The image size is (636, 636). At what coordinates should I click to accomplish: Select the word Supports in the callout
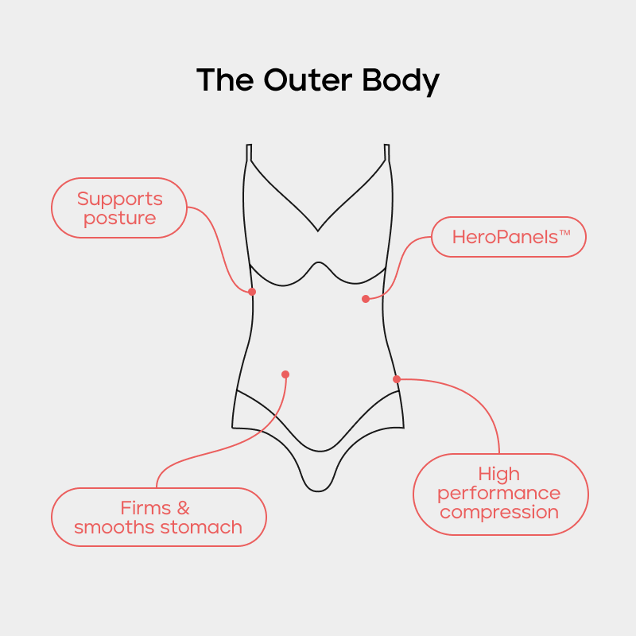click(x=119, y=199)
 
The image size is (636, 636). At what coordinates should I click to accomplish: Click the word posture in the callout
click(x=119, y=218)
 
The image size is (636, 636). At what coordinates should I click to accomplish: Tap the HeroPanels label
click(x=505, y=237)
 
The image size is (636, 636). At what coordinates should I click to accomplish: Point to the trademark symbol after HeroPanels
click(x=565, y=232)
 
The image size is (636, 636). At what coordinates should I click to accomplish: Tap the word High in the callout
click(x=499, y=475)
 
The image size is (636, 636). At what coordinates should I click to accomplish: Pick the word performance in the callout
click(x=499, y=494)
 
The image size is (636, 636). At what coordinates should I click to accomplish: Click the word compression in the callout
click(x=499, y=513)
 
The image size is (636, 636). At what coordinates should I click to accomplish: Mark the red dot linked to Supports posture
click(x=252, y=292)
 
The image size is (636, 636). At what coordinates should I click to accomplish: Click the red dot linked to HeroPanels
click(x=366, y=299)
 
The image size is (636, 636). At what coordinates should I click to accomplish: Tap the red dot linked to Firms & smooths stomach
click(x=285, y=374)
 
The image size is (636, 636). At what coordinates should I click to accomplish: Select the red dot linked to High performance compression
click(x=397, y=379)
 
